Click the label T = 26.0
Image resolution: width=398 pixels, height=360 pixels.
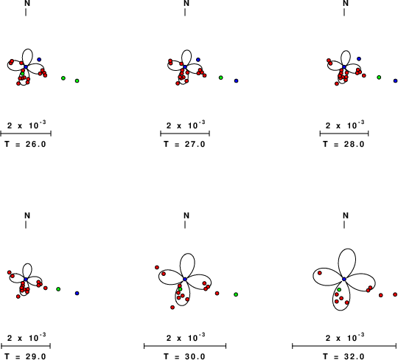[25, 145]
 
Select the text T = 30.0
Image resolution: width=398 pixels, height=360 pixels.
[184, 357]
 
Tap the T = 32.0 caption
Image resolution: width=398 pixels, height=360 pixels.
[343, 357]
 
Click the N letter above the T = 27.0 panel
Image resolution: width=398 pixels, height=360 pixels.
[186, 3]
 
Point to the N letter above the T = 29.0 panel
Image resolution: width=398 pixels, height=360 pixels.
[27, 215]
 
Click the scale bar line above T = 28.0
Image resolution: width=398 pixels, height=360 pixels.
[344, 134]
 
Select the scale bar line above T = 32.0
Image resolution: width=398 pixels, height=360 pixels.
[344, 346]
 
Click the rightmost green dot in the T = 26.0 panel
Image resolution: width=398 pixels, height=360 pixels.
[77, 81]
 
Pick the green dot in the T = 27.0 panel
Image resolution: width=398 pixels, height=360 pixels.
[221, 77]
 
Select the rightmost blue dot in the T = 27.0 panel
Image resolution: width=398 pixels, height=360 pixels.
[237, 81]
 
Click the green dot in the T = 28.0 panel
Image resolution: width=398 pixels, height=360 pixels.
[379, 77]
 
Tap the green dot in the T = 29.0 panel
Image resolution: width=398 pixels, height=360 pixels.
[58, 289]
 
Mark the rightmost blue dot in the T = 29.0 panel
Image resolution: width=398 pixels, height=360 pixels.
[77, 293]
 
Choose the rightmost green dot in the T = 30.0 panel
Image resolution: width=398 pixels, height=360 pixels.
[236, 294]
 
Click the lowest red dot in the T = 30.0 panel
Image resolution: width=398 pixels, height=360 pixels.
[172, 308]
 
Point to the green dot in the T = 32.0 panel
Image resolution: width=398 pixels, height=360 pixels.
[339, 290]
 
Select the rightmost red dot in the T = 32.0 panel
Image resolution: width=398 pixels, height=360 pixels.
[395, 294]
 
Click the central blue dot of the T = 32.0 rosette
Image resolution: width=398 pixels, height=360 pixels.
[344, 279]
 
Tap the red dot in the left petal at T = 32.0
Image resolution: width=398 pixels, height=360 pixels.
[320, 273]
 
